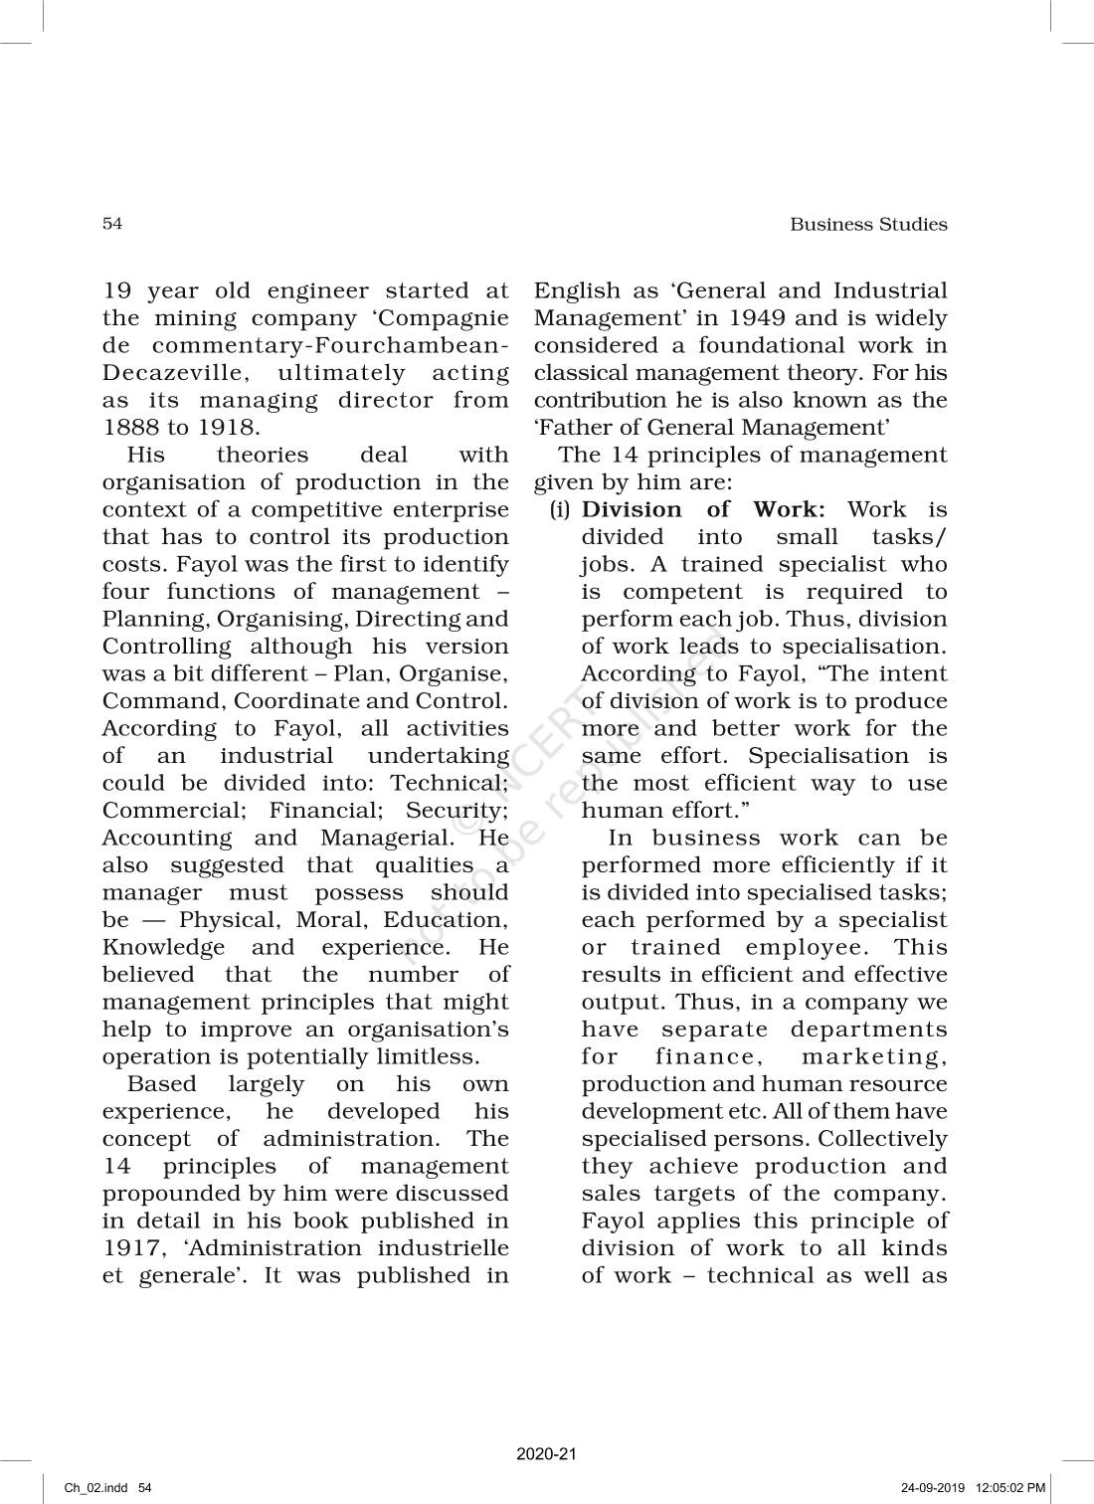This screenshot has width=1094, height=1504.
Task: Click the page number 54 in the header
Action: click(112, 224)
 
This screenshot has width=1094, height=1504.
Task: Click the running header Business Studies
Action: click(868, 225)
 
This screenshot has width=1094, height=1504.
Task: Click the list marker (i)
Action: click(561, 510)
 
